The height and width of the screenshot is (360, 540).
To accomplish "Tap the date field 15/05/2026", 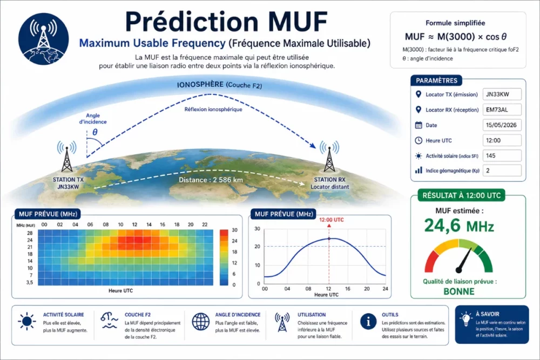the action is pyautogui.click(x=502, y=125).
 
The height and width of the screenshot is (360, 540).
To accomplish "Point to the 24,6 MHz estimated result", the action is pyautogui.click(x=458, y=226).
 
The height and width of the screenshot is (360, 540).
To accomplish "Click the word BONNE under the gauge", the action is pyautogui.click(x=458, y=291).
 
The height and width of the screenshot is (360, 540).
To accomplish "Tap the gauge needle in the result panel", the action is pyautogui.click(x=464, y=260).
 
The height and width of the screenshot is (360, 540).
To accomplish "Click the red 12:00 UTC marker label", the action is pyautogui.click(x=331, y=220).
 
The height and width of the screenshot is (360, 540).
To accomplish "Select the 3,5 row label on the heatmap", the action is pyautogui.click(x=30, y=282).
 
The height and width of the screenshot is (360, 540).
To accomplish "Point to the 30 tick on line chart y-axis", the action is pyautogui.click(x=257, y=228).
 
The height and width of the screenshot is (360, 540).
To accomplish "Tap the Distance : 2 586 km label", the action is pyautogui.click(x=211, y=180).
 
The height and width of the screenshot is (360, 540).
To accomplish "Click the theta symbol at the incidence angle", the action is pyautogui.click(x=95, y=132).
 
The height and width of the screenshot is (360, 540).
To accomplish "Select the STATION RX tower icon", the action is pyautogui.click(x=329, y=157).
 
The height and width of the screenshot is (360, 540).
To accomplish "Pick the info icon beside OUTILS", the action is pyautogui.click(x=368, y=321).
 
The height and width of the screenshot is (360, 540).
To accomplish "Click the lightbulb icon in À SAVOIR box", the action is pyautogui.click(x=465, y=318).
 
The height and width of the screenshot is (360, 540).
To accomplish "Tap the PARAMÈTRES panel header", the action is pyautogui.click(x=436, y=80).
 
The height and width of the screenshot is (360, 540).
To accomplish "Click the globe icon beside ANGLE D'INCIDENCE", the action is pyautogui.click(x=200, y=322).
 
